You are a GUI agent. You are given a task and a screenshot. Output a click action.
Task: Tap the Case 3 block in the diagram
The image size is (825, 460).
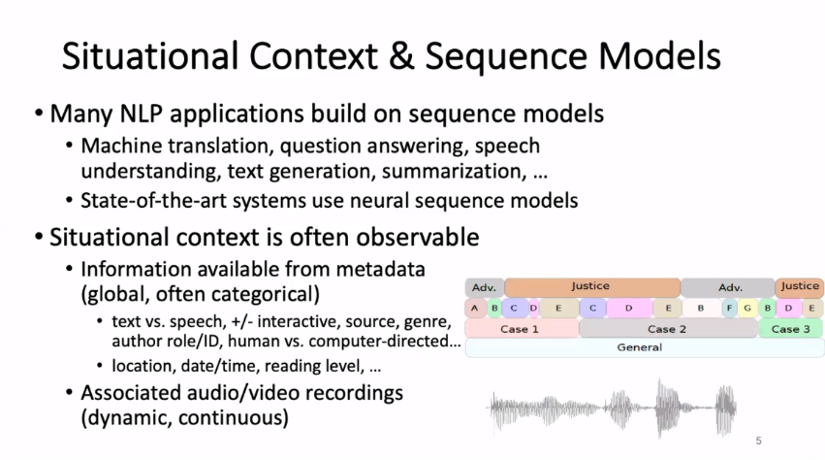pos(791,329)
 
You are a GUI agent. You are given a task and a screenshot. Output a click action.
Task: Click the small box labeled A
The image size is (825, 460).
pos(474,309)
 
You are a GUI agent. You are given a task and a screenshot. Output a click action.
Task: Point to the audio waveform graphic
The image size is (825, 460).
pos(616,408)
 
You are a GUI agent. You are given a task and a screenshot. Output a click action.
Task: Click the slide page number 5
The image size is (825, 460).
pos(758,441)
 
